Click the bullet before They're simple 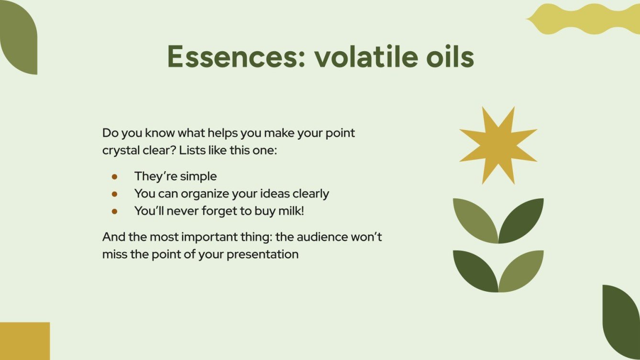[114, 176]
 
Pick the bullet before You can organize [114, 194]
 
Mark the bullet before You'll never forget [114, 211]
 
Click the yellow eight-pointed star [498, 145]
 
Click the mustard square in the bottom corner [24, 341]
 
